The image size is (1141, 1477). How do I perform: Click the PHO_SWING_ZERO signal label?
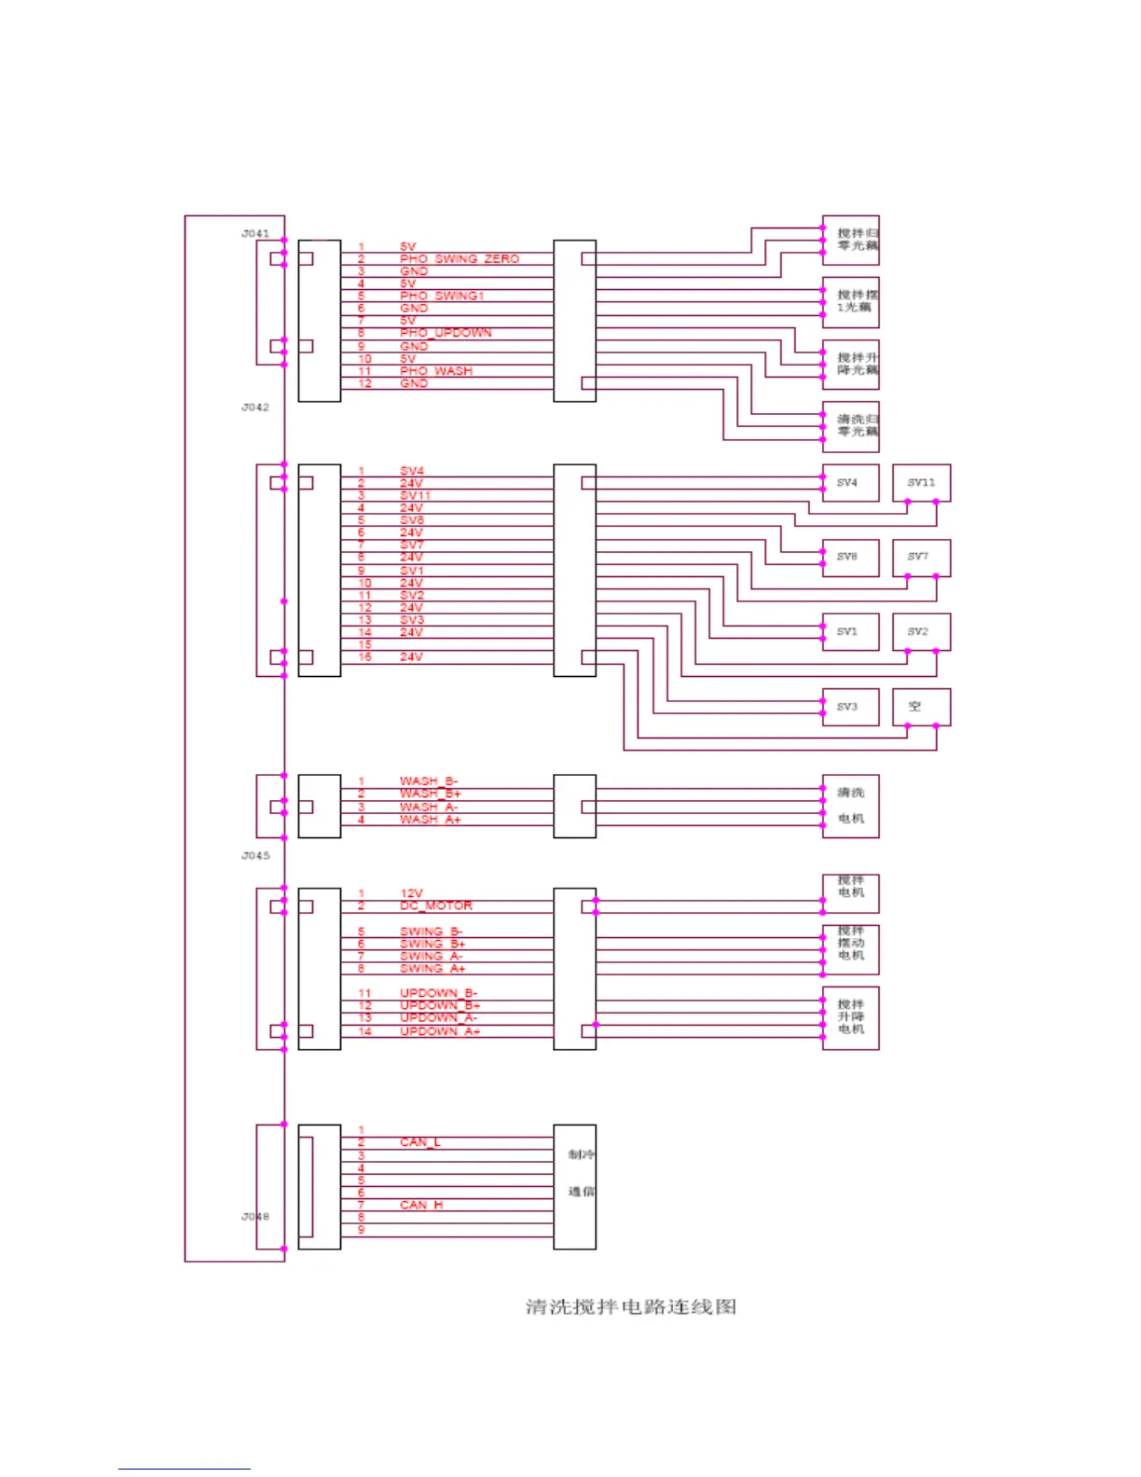pyautogui.click(x=459, y=258)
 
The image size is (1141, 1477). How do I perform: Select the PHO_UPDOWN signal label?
pyautogui.click(x=445, y=332)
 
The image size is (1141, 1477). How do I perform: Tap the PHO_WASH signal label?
pyautogui.click(x=435, y=370)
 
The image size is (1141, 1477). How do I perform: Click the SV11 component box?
pyautogui.click(x=921, y=483)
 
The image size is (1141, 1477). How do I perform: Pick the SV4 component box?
pyautogui.click(x=849, y=483)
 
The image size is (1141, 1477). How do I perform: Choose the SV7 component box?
pyautogui.click(x=921, y=558)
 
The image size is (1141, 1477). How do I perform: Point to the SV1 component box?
pyautogui.click(x=849, y=632)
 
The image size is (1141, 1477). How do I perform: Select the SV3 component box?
pyautogui.click(x=849, y=707)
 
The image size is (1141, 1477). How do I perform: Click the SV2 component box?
pyautogui.click(x=921, y=632)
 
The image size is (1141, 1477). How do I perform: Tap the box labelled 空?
pyautogui.click(x=921, y=707)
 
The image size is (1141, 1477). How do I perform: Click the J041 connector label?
pyautogui.click(x=254, y=233)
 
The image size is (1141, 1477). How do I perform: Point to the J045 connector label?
pyautogui.click(x=254, y=855)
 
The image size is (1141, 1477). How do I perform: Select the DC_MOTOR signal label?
pyautogui.click(x=435, y=905)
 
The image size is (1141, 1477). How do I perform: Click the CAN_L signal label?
pyautogui.click(x=419, y=1141)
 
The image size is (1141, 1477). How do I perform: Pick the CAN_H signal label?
pyautogui.click(x=420, y=1205)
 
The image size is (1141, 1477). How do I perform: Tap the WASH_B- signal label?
pyautogui.click(x=428, y=780)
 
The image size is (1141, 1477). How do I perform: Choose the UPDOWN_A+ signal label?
pyautogui.click(x=439, y=1030)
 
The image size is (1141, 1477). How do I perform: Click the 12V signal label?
pyautogui.click(x=411, y=893)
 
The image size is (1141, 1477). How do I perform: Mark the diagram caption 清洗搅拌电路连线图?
pyautogui.click(x=631, y=1306)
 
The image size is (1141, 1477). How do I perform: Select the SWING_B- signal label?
pyautogui.click(x=431, y=931)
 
